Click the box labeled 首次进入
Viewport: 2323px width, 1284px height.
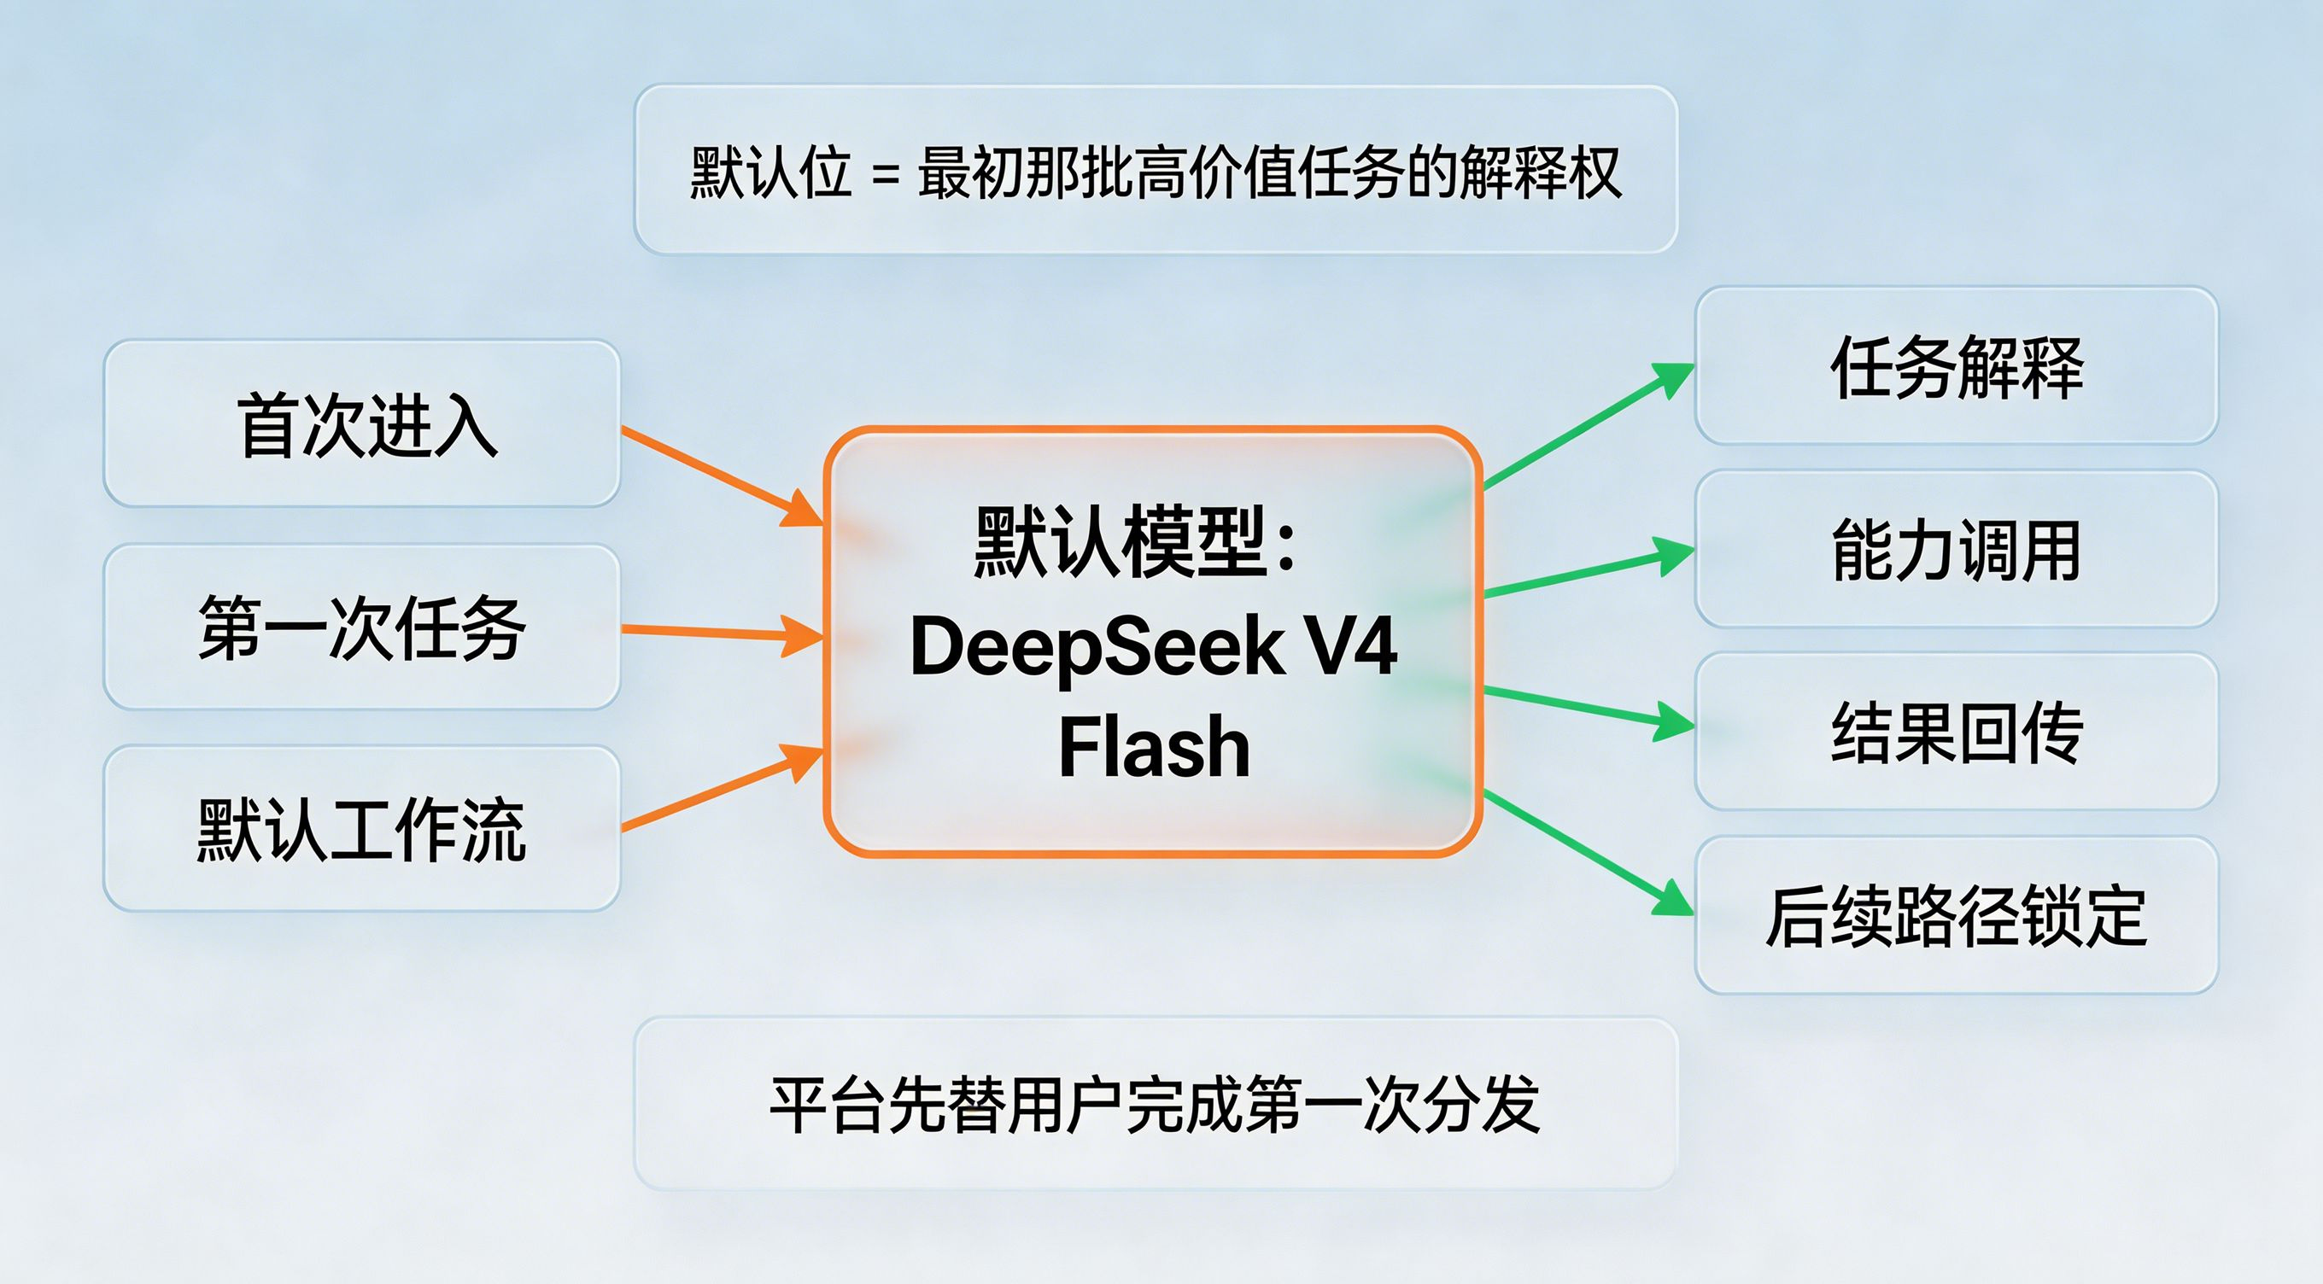click(x=361, y=423)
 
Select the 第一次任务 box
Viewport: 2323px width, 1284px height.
click(x=361, y=627)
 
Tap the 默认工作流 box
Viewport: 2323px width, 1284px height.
click(x=361, y=829)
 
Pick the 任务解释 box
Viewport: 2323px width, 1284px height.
click(x=1956, y=366)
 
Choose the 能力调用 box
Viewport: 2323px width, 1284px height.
click(x=1956, y=549)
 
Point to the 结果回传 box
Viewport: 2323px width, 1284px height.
click(x=1956, y=732)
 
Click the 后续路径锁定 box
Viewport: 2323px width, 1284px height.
click(x=1956, y=915)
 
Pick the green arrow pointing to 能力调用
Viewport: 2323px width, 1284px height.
click(x=1587, y=574)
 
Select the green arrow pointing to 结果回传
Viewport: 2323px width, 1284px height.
click(x=1587, y=708)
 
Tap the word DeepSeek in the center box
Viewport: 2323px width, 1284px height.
click(x=1096, y=647)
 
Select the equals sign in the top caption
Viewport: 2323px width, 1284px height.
click(x=886, y=174)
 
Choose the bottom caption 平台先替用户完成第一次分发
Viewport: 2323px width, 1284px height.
click(x=1156, y=1104)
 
